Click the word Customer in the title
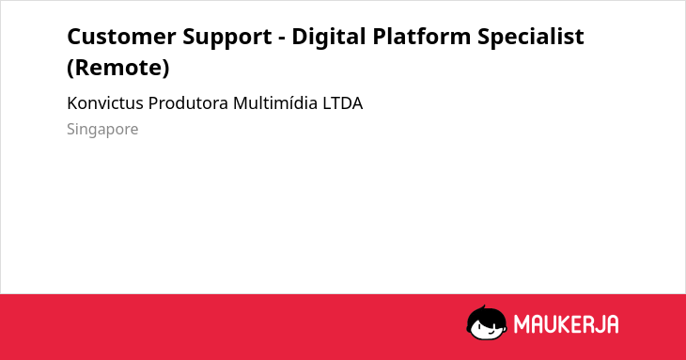click(x=121, y=37)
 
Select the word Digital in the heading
click(x=328, y=38)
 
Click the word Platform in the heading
click(x=422, y=37)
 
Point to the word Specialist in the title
click(x=531, y=38)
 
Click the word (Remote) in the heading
click(x=118, y=68)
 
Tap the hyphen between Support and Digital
click(x=282, y=39)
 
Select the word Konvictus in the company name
click(x=105, y=103)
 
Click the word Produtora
click(x=188, y=103)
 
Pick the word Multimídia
click(x=275, y=103)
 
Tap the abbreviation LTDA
click(x=343, y=103)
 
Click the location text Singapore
click(x=102, y=130)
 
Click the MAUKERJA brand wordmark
click(x=566, y=324)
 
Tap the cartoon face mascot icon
click(x=487, y=322)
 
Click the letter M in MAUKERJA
click(x=522, y=324)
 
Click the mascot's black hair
click(x=486, y=313)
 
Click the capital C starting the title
click(x=75, y=37)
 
